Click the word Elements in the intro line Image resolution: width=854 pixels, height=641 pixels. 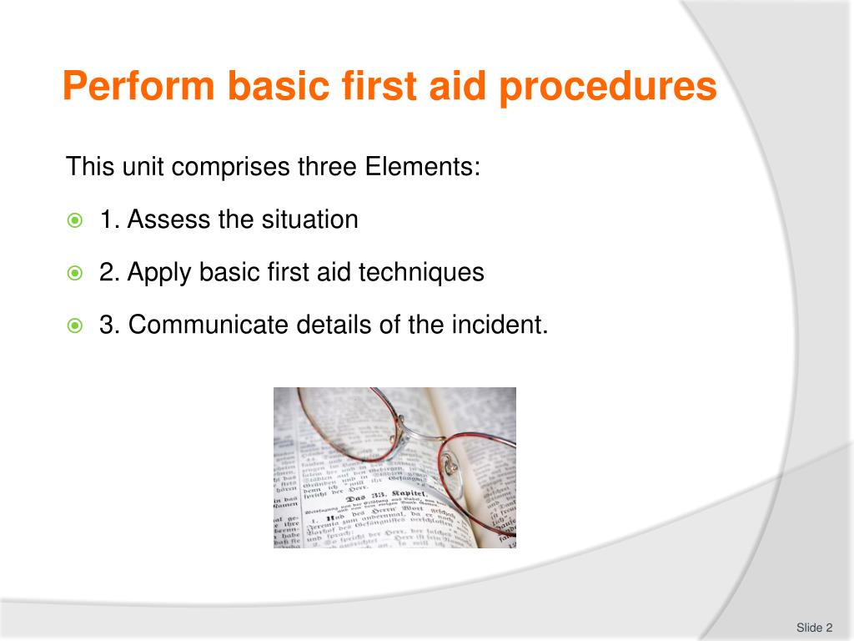click(422, 167)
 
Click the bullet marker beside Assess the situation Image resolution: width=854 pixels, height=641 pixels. click(75, 221)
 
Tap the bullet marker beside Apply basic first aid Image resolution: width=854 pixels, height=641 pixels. click(75, 273)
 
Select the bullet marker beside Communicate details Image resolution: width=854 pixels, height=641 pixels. click(75, 326)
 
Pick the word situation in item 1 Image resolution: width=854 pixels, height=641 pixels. click(309, 220)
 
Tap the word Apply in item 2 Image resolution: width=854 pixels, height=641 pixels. click(161, 273)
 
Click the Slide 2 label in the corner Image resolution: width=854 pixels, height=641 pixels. click(814, 628)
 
